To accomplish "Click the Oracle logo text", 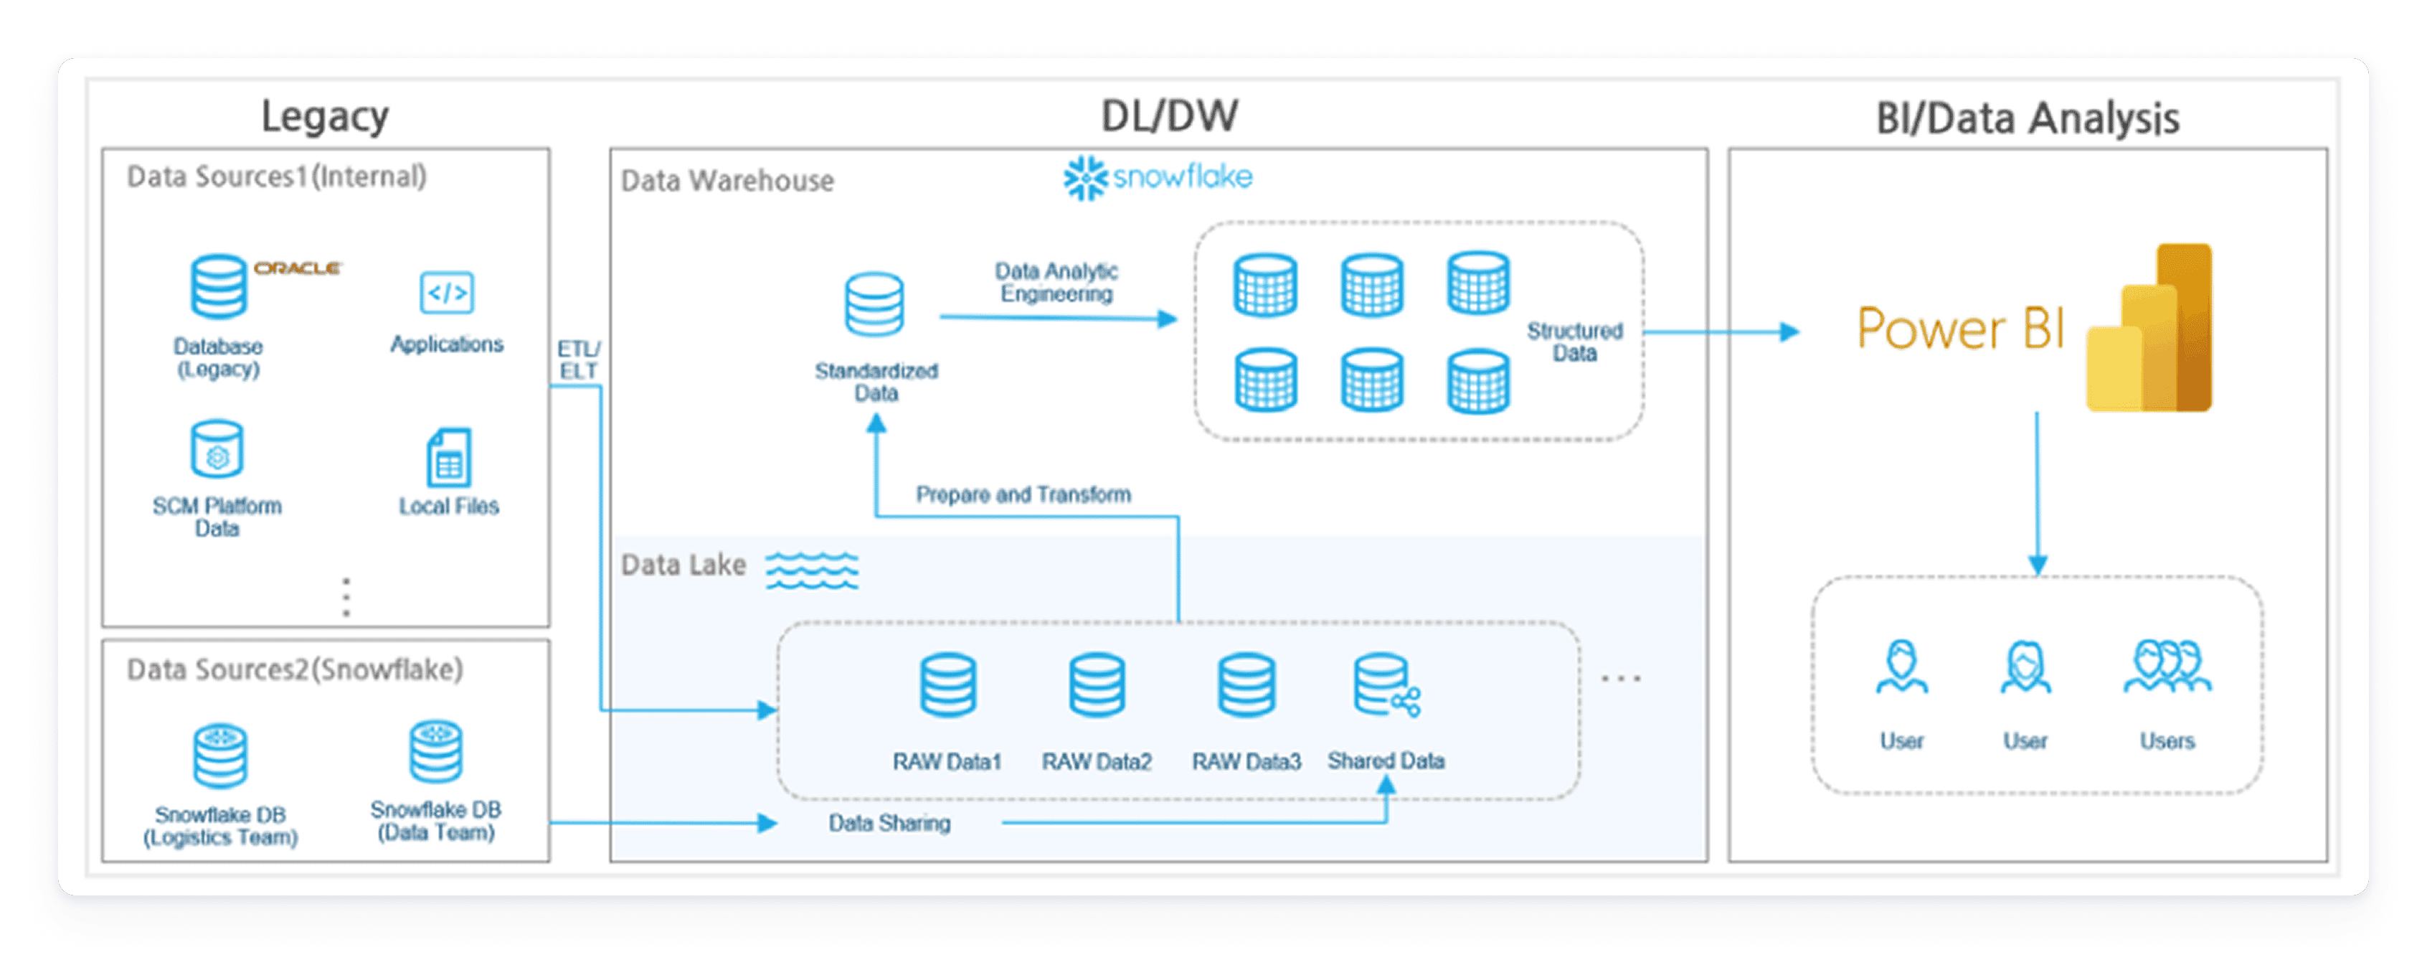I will [x=297, y=268].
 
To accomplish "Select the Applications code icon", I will [x=447, y=293].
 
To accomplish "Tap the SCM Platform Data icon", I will [x=217, y=449].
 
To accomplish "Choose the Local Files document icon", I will [x=448, y=458].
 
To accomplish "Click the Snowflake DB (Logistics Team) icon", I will [x=220, y=756].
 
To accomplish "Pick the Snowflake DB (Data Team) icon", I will [x=435, y=751].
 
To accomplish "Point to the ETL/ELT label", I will [x=579, y=360].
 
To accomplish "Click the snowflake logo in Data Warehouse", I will [x=1158, y=177].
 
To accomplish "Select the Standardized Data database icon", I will [x=874, y=304].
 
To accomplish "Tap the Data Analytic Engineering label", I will [x=1056, y=283].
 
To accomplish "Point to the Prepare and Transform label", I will [x=1023, y=494].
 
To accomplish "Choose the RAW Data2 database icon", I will [x=1097, y=685].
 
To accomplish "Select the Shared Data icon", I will [x=1386, y=687].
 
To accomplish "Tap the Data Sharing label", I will [x=889, y=824].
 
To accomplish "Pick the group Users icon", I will [x=2167, y=667].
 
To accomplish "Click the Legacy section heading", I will [x=325, y=117].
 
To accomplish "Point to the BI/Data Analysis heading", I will [x=2028, y=118].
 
